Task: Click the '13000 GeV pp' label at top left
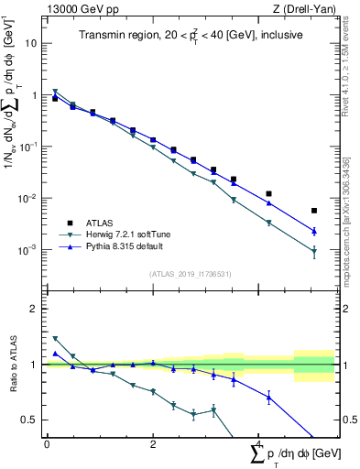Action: pyautogui.click(x=80, y=10)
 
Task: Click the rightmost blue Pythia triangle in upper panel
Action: pyautogui.click(x=314, y=231)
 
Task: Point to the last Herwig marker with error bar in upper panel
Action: pyautogui.click(x=314, y=251)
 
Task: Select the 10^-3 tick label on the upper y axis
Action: pyautogui.click(x=27, y=250)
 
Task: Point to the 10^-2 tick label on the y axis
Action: pyautogui.click(x=27, y=199)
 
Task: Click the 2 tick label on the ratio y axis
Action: pyautogui.click(x=33, y=309)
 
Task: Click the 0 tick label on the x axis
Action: pyautogui.click(x=46, y=444)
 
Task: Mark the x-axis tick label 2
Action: pyautogui.click(x=152, y=444)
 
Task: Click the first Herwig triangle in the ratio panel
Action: pyautogui.click(x=55, y=339)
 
